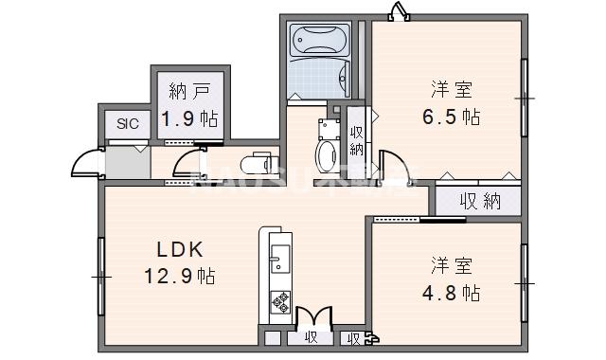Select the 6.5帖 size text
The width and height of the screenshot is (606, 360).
tap(451, 117)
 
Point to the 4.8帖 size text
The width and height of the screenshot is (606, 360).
tap(451, 292)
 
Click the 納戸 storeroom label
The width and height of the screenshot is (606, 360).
tap(188, 92)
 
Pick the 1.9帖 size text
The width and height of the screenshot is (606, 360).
tap(188, 119)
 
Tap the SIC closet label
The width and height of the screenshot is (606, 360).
tap(126, 123)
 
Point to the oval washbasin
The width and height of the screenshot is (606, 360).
tap(324, 155)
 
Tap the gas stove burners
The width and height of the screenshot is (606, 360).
tap(279, 302)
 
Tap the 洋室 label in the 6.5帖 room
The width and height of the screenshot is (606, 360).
tap(451, 90)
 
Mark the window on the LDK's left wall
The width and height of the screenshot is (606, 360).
tap(99, 275)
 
